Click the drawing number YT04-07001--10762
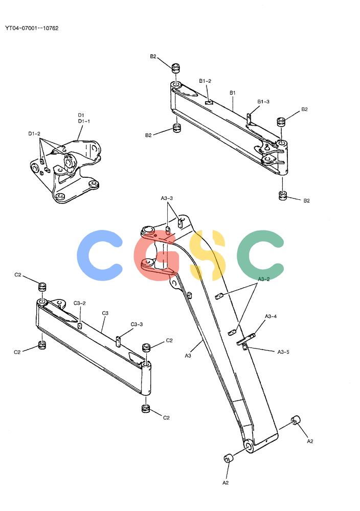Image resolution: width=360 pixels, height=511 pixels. [x=32, y=28]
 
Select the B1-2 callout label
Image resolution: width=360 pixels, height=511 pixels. [x=205, y=81]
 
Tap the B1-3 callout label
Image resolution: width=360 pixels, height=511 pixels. [x=263, y=101]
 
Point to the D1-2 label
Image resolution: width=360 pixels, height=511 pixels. [x=34, y=133]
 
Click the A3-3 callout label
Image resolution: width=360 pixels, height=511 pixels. [x=167, y=198]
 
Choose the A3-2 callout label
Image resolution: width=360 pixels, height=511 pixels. [x=264, y=279]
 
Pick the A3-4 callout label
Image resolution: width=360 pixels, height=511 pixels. [x=271, y=316]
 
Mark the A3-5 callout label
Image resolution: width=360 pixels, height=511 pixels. [x=283, y=352]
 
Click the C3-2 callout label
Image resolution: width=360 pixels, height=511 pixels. [x=80, y=303]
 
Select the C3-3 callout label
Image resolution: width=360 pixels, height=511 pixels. [x=137, y=324]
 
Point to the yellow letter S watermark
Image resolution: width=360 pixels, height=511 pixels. [x=207, y=255]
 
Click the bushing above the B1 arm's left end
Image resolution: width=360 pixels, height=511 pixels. [x=176, y=68]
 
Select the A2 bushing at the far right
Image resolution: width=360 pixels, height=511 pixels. [x=296, y=421]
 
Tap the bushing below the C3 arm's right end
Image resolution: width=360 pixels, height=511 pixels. [x=146, y=408]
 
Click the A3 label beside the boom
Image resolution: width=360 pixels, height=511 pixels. [x=188, y=356]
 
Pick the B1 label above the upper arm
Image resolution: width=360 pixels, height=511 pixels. [x=233, y=93]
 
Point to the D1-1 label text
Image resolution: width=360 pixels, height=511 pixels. [x=84, y=121]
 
